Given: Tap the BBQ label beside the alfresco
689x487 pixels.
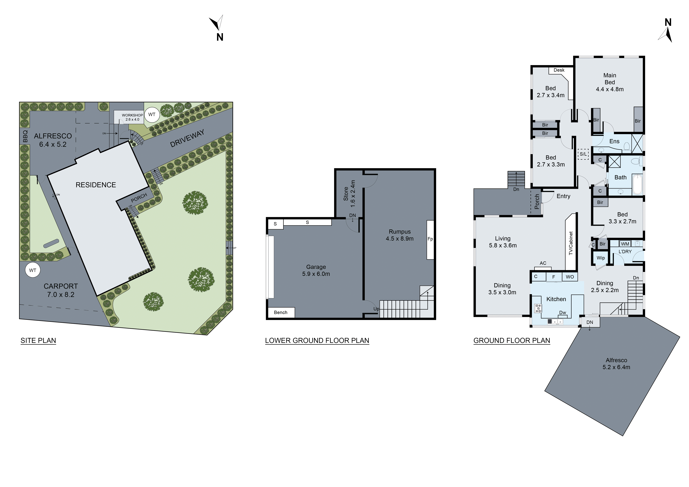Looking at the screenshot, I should (x=25, y=136).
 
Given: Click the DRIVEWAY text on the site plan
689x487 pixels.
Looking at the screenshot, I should (x=187, y=138).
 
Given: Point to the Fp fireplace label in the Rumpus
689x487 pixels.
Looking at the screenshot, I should (x=430, y=239).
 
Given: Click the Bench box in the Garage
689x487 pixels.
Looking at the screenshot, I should (x=281, y=312).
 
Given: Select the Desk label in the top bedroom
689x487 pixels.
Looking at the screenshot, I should (x=559, y=70).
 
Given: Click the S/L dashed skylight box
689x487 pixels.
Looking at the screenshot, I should (x=583, y=154).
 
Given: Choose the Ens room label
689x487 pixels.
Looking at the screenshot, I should (x=614, y=142).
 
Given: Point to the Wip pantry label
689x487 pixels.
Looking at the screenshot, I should (x=601, y=258).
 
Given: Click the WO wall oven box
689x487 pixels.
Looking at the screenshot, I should (x=570, y=277).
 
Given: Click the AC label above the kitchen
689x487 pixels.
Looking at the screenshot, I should (x=543, y=263).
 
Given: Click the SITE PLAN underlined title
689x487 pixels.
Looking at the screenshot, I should (x=38, y=341).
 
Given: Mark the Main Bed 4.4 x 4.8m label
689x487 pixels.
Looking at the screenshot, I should (x=609, y=82).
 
